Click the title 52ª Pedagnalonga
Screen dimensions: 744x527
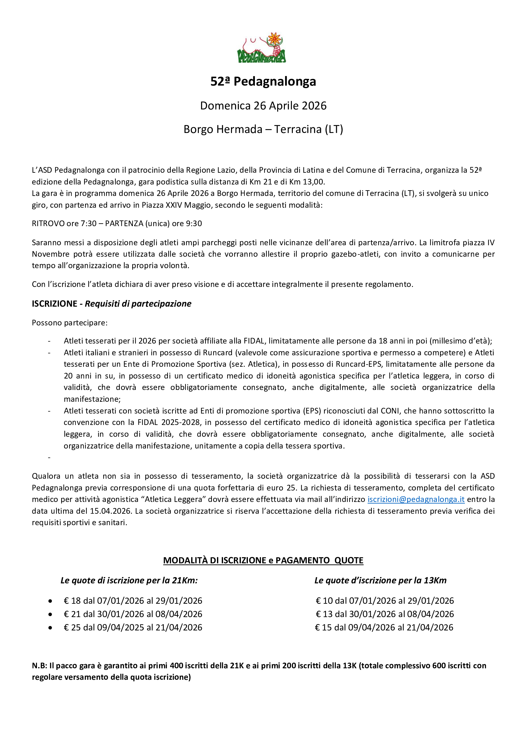(263, 81)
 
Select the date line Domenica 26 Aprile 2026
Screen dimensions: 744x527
(263, 106)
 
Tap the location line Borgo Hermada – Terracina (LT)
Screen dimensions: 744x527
(263, 129)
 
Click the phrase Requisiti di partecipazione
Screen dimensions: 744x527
(138, 304)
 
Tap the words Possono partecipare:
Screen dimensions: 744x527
(69, 323)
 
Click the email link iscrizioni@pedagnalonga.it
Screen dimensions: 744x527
(416, 499)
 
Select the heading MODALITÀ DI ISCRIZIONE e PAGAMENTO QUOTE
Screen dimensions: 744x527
(263, 560)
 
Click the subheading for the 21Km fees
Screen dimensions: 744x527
(129, 581)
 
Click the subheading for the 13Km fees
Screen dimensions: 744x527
(380, 581)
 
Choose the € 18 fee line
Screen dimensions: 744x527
(133, 601)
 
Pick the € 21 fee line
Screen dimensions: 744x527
(133, 614)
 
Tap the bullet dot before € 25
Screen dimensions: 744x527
(50, 628)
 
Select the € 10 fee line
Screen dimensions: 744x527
(385, 601)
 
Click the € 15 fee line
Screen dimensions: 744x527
(384, 628)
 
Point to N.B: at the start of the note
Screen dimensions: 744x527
(40, 665)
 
